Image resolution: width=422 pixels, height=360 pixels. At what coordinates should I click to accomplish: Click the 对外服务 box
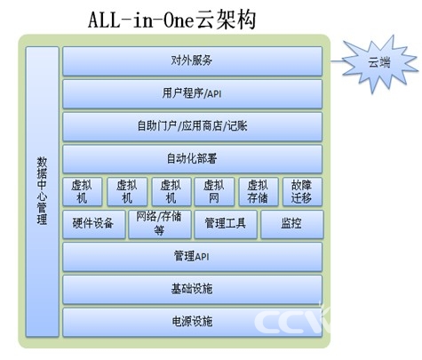tap(192, 61)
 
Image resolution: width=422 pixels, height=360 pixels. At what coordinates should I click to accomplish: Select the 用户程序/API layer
tap(192, 94)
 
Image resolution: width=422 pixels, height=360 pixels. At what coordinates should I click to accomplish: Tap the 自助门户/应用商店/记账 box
tap(192, 126)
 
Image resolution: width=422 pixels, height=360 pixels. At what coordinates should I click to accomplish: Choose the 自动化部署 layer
tap(192, 159)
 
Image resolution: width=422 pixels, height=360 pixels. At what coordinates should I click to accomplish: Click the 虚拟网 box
tap(214, 192)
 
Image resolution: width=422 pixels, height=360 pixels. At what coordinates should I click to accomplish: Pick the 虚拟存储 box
tap(259, 192)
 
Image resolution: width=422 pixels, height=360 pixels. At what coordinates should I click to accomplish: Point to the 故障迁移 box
tap(302, 192)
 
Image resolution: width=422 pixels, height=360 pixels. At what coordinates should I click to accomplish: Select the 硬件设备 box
tap(94, 224)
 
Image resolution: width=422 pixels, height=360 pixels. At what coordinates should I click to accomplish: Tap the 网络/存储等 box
tap(160, 224)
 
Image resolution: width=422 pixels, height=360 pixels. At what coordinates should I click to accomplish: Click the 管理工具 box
tap(226, 224)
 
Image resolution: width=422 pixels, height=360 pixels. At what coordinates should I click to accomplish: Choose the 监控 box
tap(292, 224)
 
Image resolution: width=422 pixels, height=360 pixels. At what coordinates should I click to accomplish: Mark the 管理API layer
tap(192, 257)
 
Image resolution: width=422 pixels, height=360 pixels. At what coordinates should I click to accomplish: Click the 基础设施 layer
tap(192, 290)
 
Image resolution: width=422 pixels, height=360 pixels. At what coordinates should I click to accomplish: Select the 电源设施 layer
tap(192, 323)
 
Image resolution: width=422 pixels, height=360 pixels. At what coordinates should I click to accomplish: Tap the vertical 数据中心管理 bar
tap(42, 192)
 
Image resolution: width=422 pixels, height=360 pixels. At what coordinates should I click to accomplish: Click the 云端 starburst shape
tap(380, 63)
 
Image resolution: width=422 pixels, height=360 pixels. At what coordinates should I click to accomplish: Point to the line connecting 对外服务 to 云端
tap(337, 61)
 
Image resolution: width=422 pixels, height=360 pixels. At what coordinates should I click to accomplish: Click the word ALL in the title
tap(104, 20)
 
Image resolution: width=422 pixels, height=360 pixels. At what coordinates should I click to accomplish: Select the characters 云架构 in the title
tap(226, 20)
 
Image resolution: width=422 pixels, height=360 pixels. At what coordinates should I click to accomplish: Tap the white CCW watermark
tap(291, 320)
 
